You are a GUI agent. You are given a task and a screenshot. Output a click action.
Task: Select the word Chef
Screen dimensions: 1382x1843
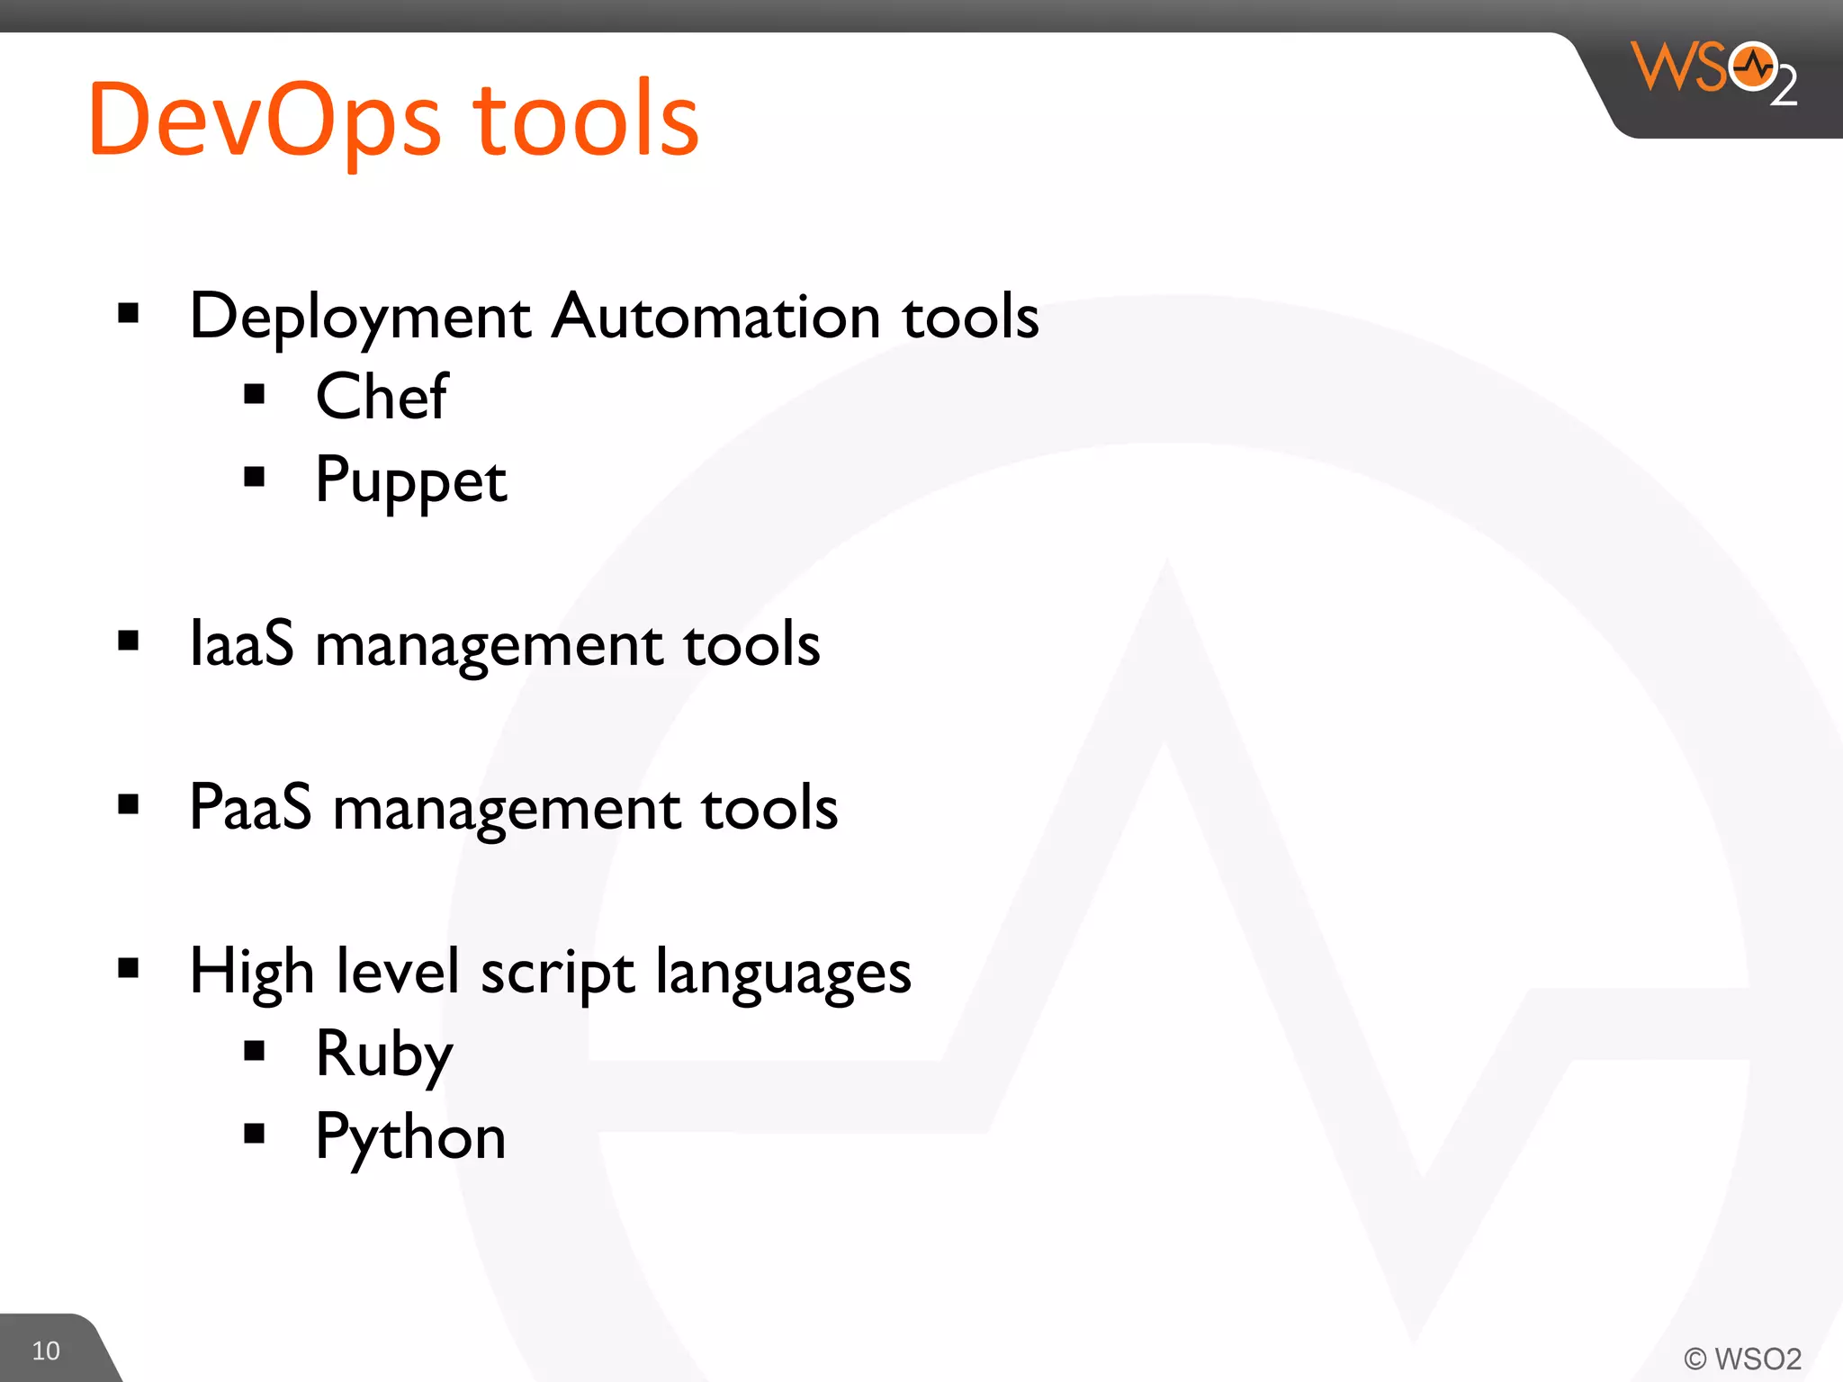tap(382, 397)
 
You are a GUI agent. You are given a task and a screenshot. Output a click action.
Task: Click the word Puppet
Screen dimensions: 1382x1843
tap(411, 480)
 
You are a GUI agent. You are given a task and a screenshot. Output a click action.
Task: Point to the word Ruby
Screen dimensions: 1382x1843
tap(384, 1054)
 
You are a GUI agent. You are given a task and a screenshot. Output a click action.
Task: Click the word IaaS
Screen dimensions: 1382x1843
tap(241, 644)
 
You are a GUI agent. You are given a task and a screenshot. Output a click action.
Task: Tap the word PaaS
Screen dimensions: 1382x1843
tap(250, 807)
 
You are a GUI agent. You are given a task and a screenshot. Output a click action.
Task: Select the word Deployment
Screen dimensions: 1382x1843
tap(360, 318)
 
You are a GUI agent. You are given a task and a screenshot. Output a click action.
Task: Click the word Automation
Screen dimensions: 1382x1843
tap(715, 317)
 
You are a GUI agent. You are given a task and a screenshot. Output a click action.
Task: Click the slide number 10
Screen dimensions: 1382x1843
tap(46, 1351)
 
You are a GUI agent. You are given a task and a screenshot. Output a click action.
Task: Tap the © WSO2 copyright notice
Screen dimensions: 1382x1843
tap(1742, 1358)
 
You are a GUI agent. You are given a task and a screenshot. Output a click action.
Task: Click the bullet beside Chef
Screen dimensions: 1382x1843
tap(255, 394)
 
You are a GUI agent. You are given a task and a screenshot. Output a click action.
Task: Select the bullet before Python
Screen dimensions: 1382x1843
tap(255, 1133)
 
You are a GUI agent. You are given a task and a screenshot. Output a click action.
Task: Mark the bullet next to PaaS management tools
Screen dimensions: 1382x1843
tap(129, 803)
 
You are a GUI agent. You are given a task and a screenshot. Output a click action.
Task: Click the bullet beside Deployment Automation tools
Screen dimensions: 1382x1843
tap(129, 313)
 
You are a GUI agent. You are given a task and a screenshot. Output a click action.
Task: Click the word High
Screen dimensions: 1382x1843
tap(251, 973)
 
